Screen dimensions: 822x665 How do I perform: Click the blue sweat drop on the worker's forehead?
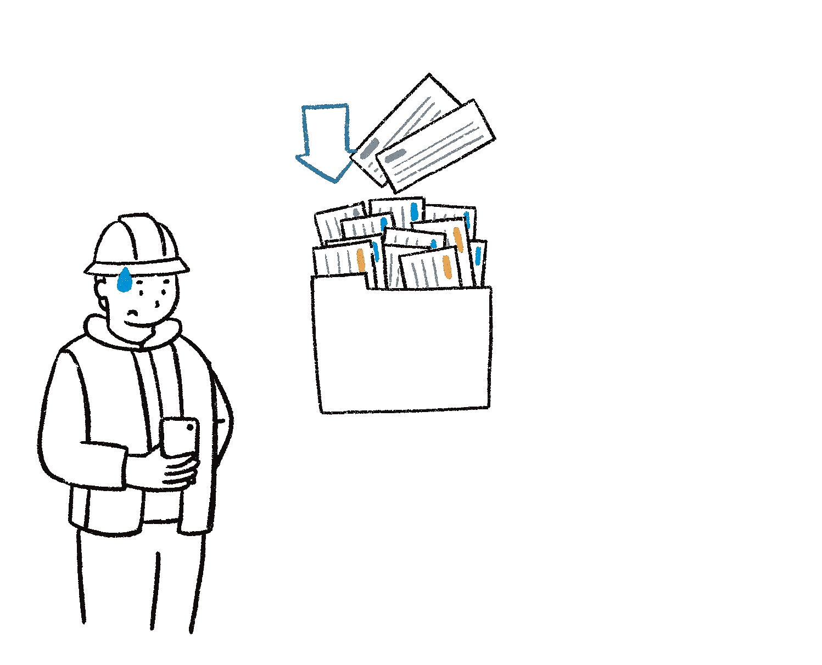(125, 280)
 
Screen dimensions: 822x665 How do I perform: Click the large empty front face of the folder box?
(404, 351)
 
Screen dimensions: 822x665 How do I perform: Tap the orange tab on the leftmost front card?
(361, 259)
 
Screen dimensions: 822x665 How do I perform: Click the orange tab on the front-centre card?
(447, 267)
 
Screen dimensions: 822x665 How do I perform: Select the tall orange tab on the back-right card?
(458, 239)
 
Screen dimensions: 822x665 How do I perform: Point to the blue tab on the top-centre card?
(415, 211)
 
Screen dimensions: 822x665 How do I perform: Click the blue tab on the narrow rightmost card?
(478, 256)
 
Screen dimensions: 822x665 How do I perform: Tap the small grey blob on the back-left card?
(356, 212)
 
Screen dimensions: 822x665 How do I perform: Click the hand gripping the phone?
(176, 469)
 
